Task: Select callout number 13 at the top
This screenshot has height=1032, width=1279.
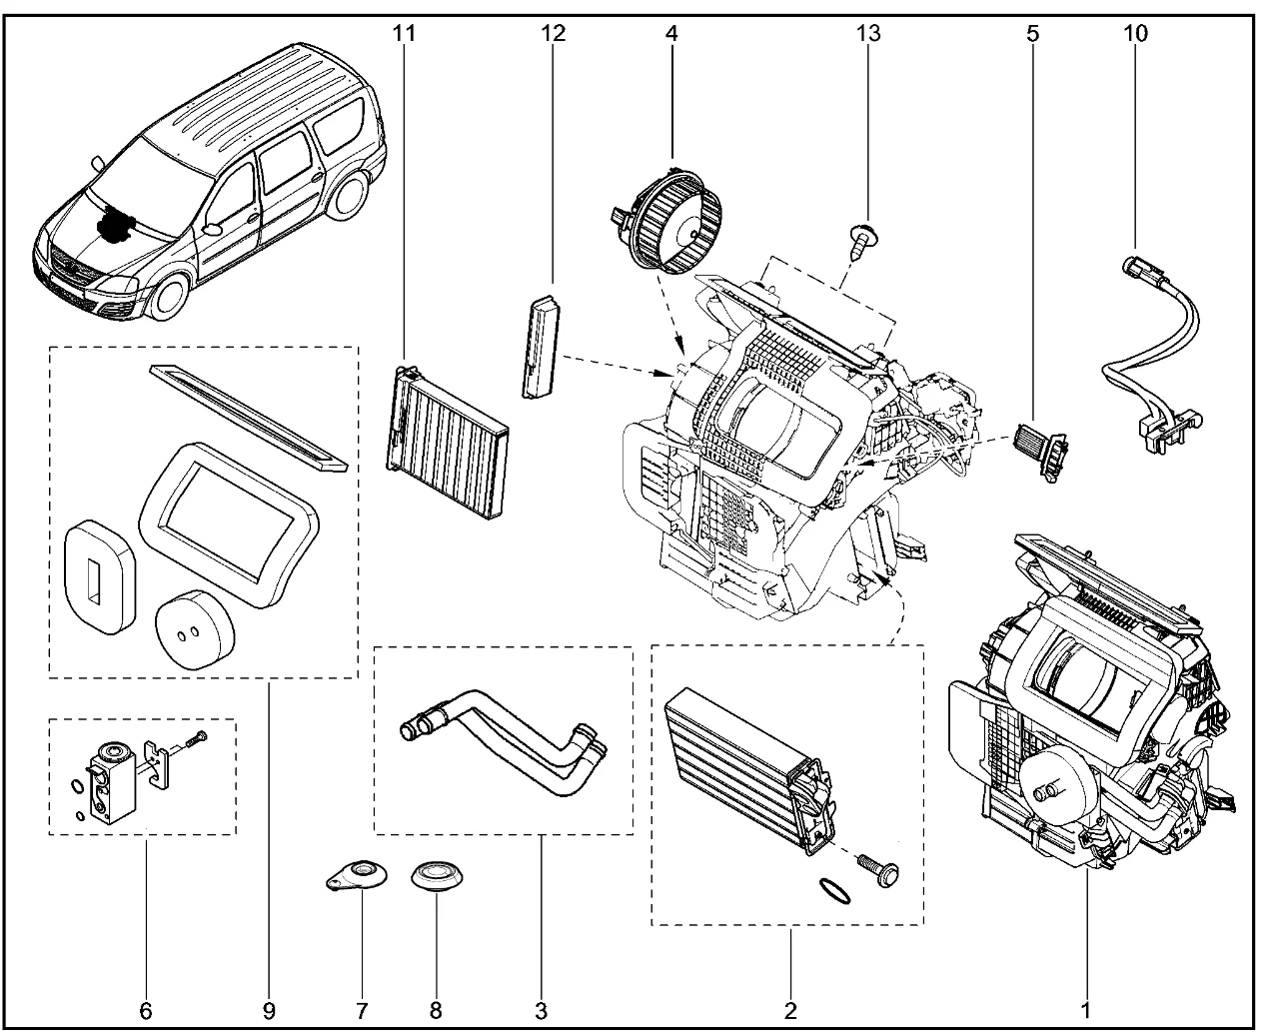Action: tap(867, 33)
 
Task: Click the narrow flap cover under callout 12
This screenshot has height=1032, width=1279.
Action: tap(540, 345)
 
